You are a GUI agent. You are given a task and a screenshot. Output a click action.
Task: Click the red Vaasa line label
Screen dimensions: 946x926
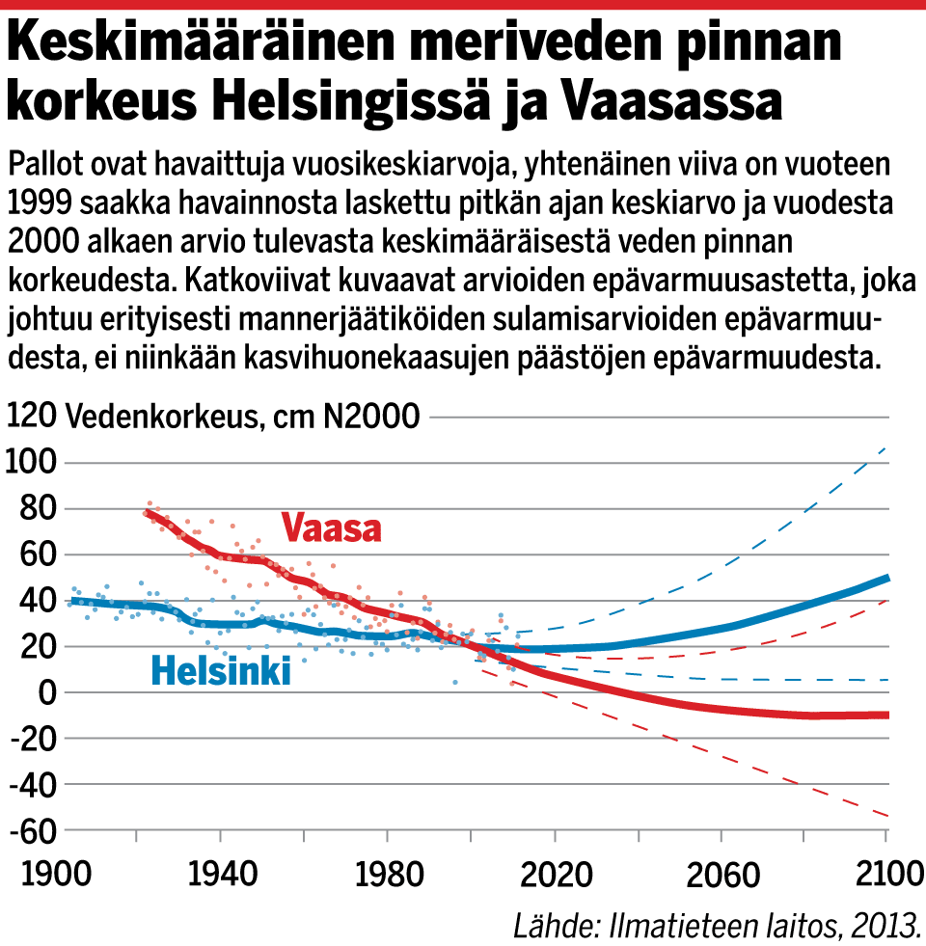(332, 528)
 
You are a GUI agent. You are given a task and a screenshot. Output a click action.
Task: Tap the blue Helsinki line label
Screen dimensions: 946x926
(221, 671)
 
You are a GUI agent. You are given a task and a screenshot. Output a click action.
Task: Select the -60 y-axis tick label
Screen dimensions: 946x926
(29, 830)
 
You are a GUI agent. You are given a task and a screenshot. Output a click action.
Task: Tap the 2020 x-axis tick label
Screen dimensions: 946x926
(554, 876)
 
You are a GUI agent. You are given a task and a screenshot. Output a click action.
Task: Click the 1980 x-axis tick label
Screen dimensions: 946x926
(387, 876)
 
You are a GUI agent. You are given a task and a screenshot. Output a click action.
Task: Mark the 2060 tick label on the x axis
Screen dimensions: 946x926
(721, 876)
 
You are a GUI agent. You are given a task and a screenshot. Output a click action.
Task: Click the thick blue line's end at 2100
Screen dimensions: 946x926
(885, 579)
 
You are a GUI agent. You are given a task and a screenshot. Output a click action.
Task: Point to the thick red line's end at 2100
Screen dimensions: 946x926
(885, 715)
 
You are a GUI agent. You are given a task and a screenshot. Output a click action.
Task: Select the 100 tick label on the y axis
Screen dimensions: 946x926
(31, 463)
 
